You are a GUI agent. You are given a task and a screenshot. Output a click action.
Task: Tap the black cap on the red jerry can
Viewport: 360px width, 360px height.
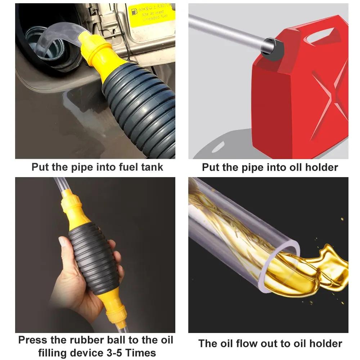point(272,48)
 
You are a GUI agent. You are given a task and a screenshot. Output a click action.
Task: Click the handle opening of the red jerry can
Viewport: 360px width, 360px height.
point(321,35)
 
